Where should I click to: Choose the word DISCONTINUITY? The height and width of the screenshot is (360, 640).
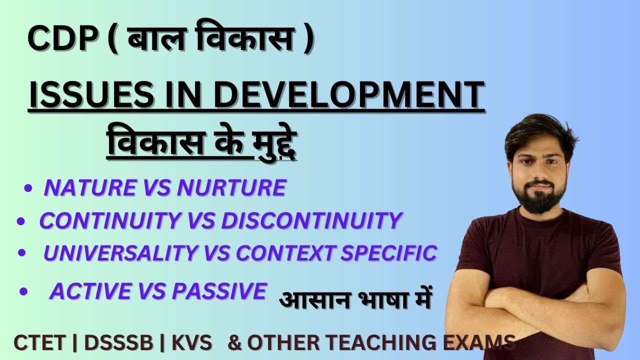[x=311, y=220]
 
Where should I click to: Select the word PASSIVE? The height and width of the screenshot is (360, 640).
[x=219, y=291]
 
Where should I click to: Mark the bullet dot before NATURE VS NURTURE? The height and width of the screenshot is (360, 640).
[x=28, y=189]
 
